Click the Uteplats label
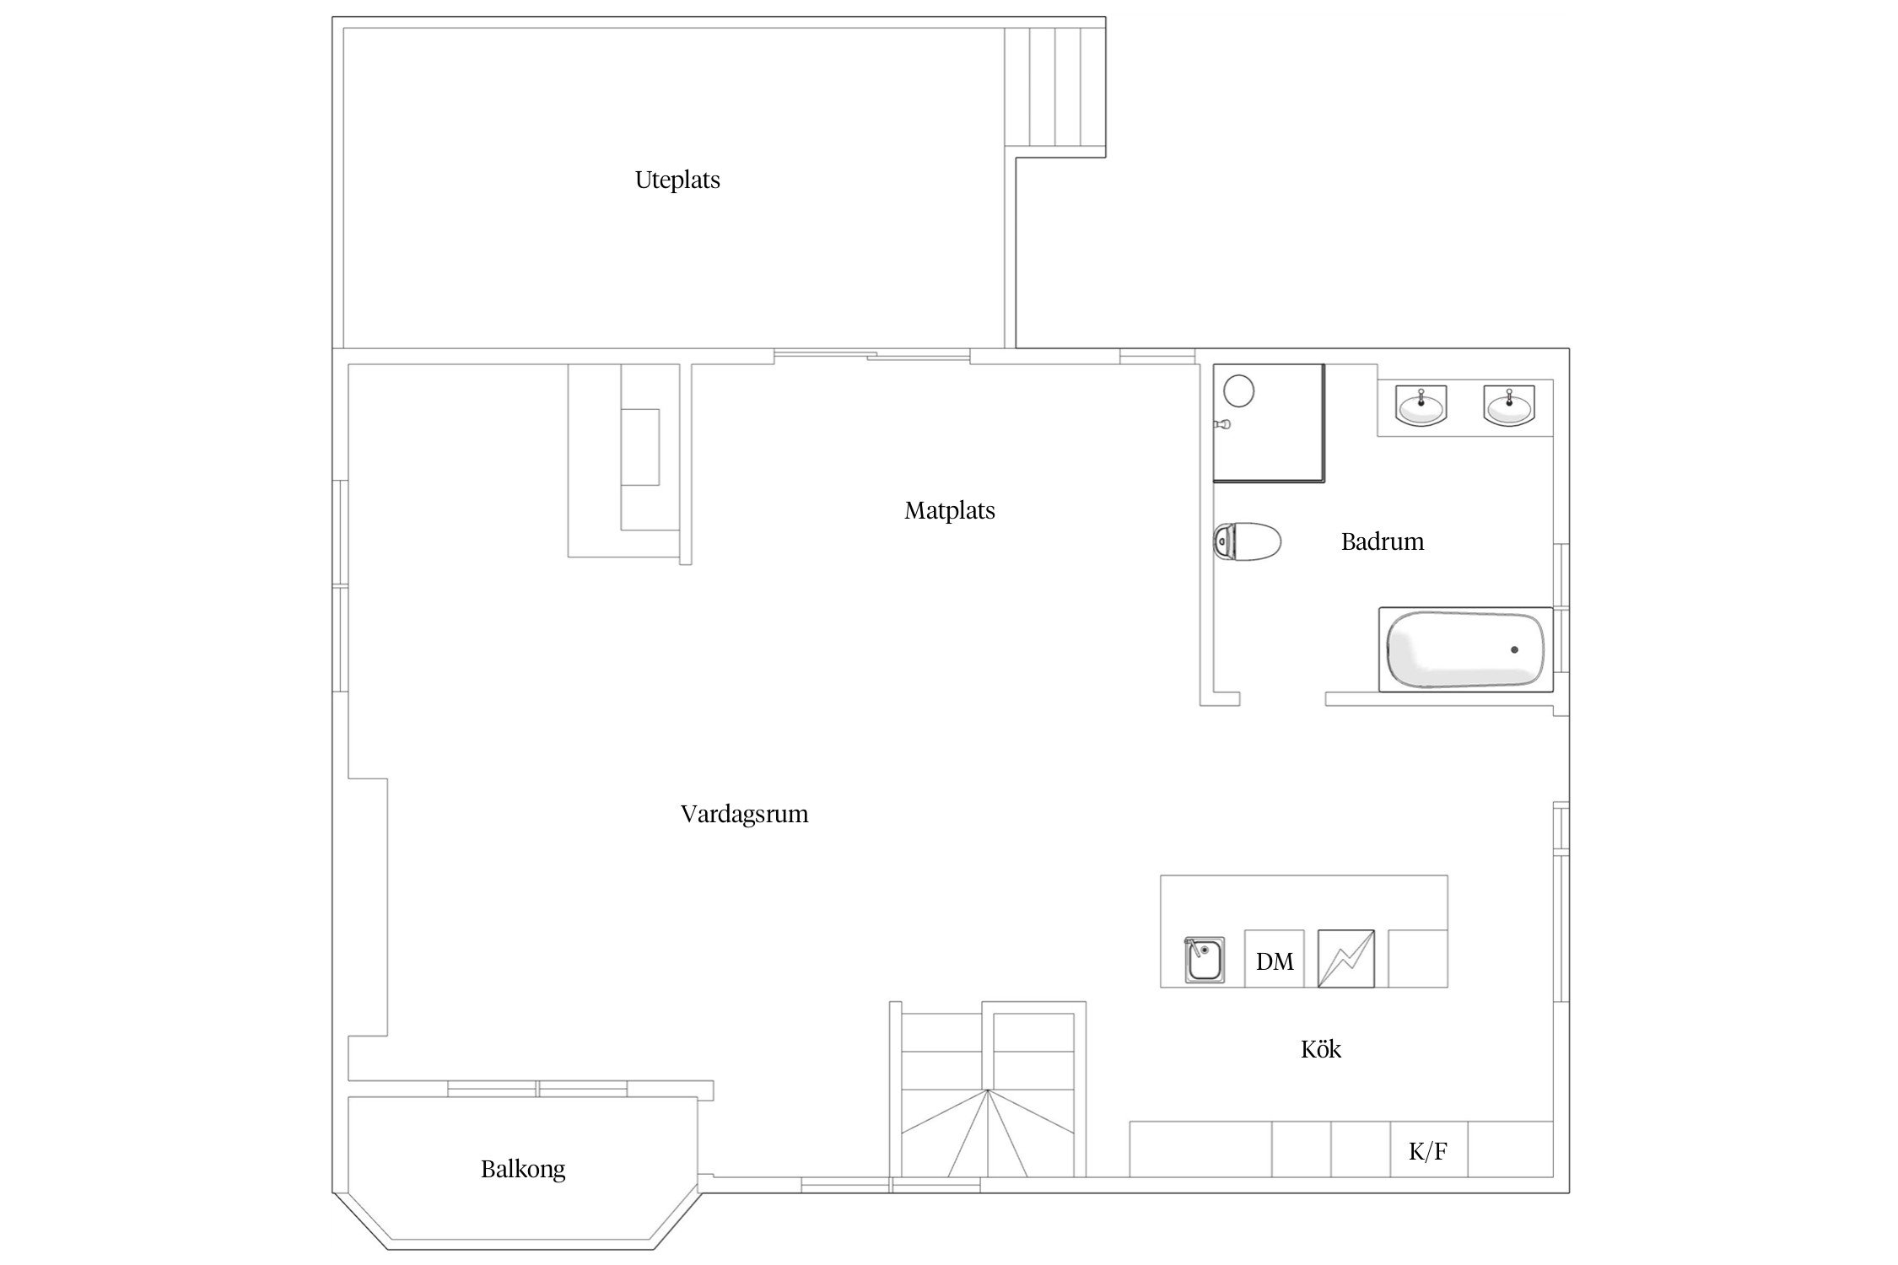tap(677, 180)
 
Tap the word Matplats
tap(950, 511)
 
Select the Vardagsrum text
tap(744, 815)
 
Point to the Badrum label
tap(1383, 541)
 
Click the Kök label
tap(1321, 1049)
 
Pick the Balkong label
tap(523, 1170)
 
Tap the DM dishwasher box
tap(1275, 959)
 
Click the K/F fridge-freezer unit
tap(1429, 1149)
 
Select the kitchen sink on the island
tap(1205, 960)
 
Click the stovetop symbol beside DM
tap(1346, 959)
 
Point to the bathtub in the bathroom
tap(1465, 649)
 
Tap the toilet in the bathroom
tap(1247, 541)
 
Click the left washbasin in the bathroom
tap(1422, 406)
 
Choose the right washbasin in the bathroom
tap(1509, 406)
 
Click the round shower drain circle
tap(1238, 391)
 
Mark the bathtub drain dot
tap(1514, 649)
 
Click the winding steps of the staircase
tap(988, 1134)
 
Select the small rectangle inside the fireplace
tap(641, 447)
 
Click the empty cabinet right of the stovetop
tap(1418, 959)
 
